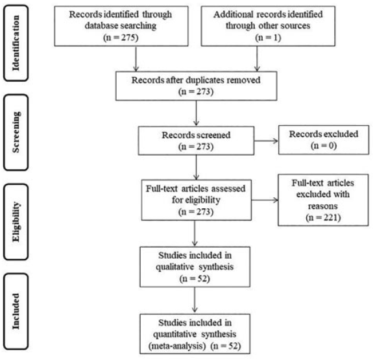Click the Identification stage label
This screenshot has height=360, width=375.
(x=16, y=43)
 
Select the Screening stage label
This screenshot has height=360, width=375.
(x=16, y=132)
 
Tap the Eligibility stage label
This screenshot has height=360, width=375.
(x=16, y=222)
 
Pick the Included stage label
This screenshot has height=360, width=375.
(x=16, y=311)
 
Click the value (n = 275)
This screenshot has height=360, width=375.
(x=121, y=38)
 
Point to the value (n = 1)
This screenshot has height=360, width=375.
(x=268, y=38)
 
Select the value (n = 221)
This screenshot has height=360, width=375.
(x=323, y=217)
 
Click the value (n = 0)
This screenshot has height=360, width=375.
(x=324, y=145)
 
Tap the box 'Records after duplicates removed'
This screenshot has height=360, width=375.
(x=197, y=86)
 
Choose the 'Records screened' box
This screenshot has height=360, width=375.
(x=196, y=141)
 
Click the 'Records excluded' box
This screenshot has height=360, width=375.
(x=324, y=140)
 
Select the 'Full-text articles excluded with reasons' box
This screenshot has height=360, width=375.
(x=323, y=200)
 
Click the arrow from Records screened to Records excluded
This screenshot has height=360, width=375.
(x=266, y=141)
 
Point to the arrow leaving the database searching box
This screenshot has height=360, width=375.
(x=136, y=58)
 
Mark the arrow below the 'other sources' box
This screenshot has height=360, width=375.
(x=257, y=58)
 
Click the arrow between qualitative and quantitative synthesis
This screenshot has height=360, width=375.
(x=195, y=300)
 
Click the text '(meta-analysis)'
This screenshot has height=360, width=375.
(x=177, y=346)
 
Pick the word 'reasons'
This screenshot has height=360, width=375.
(x=323, y=206)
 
